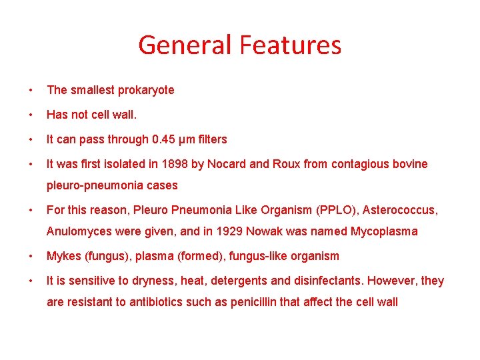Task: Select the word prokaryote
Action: coord(142,90)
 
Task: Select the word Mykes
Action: coord(63,257)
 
